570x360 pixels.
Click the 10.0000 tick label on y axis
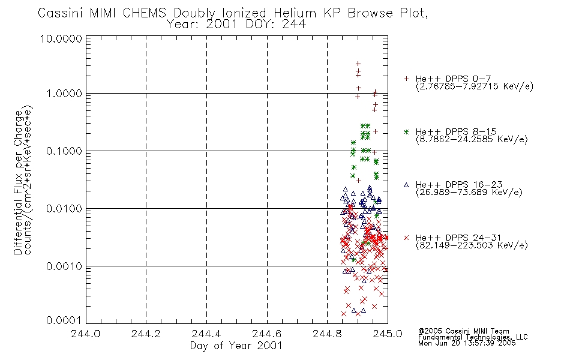[x=61, y=38]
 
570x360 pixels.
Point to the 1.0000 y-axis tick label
[x=64, y=94]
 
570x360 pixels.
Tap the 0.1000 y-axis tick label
[x=64, y=151]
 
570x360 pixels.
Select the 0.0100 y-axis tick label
[x=64, y=209]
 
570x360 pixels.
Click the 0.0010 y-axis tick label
[x=64, y=266]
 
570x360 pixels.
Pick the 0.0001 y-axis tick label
[x=64, y=320]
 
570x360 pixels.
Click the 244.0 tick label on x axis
[x=85, y=334]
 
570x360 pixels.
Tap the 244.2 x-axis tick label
[x=146, y=334]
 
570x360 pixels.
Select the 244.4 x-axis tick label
[x=206, y=334]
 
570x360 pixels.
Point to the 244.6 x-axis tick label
[x=267, y=334]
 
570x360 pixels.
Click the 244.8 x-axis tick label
[x=327, y=334]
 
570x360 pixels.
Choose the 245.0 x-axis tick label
[x=388, y=334]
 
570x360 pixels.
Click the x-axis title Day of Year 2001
[x=236, y=346]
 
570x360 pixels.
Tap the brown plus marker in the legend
[x=406, y=78]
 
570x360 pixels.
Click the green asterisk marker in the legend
[x=406, y=131]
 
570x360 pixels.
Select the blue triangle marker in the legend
[x=406, y=185]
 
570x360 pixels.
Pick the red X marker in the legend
[x=406, y=238]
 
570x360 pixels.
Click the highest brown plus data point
[x=358, y=64]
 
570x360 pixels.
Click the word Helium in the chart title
[x=295, y=13]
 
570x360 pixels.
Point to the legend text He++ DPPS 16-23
[x=459, y=185]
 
